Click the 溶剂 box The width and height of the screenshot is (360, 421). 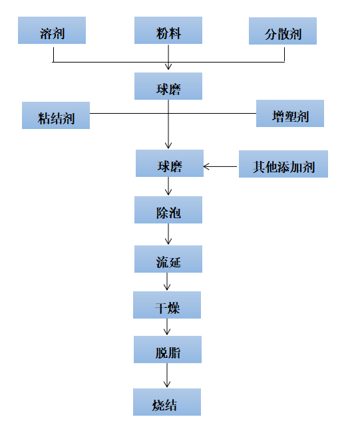pyautogui.click(x=52, y=31)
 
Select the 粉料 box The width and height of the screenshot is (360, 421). pyautogui.click(x=168, y=31)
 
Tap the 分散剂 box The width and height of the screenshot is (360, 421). pyautogui.click(x=283, y=31)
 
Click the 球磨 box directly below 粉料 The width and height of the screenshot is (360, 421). pyautogui.click(x=168, y=86)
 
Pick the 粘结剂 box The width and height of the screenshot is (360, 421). pyautogui.click(x=56, y=116)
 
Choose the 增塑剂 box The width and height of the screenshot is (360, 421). pyautogui.click(x=290, y=113)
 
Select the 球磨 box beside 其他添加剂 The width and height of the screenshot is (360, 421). pyautogui.click(x=170, y=163)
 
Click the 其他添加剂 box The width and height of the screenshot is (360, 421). pyautogui.click(x=283, y=164)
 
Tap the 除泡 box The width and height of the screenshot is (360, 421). pyautogui.click(x=168, y=210)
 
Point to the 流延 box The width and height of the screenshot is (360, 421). pyautogui.click(x=168, y=259)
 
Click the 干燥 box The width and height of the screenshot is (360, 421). pyautogui.click(x=167, y=305)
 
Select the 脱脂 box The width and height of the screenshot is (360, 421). pyautogui.click(x=168, y=350)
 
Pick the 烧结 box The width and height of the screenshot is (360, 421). pyautogui.click(x=167, y=402)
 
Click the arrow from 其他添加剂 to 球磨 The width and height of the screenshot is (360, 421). pyautogui.click(x=220, y=167)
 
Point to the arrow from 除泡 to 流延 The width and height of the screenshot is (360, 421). pyautogui.click(x=168, y=234)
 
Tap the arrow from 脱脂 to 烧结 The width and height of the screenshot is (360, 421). pyautogui.click(x=167, y=375)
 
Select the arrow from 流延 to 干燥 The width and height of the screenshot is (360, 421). pyautogui.click(x=167, y=281)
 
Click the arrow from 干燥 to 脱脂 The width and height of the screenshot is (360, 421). pyautogui.click(x=167, y=327)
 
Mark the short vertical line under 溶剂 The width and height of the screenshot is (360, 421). pyautogui.click(x=53, y=55)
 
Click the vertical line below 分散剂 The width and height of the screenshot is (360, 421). pyautogui.click(x=284, y=55)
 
